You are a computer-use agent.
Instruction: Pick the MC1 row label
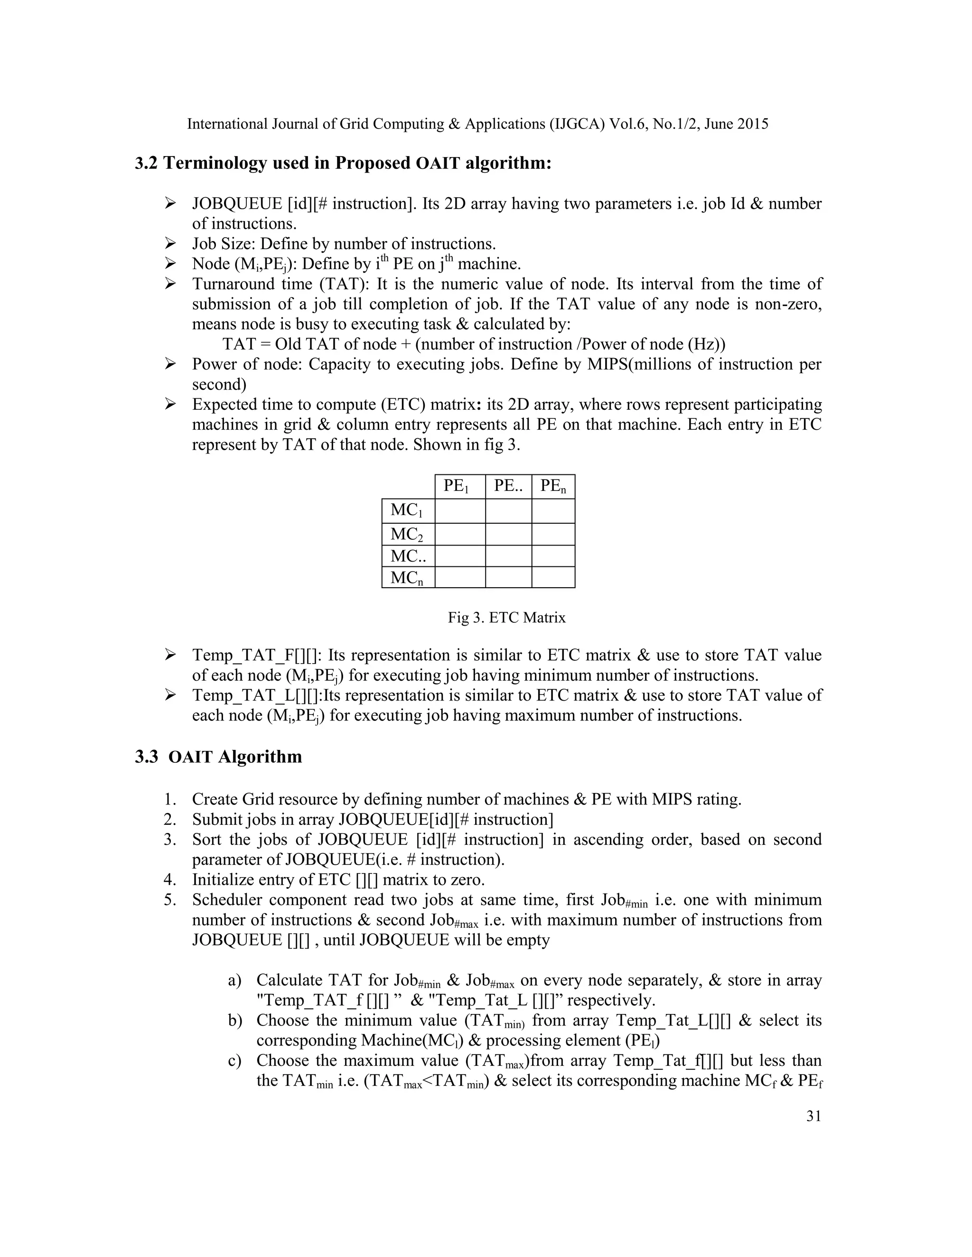408,510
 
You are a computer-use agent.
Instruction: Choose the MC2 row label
408,534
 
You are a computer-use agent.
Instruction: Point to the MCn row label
408,577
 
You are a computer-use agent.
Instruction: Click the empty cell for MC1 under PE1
459,510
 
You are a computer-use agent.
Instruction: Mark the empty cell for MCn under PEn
553,577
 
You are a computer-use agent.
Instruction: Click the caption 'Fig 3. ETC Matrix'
507,618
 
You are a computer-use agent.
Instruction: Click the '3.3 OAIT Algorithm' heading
218,756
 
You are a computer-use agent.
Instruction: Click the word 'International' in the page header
227,124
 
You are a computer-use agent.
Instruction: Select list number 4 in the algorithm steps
170,879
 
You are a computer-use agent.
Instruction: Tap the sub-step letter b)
235,1020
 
